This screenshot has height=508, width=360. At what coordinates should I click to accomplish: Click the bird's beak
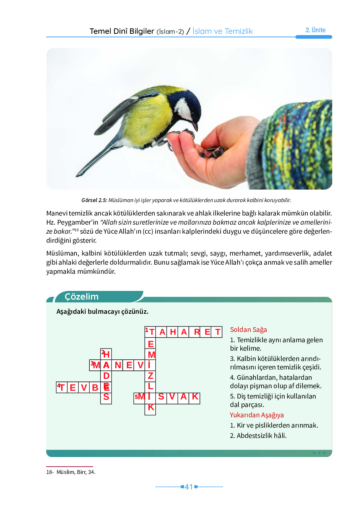click(x=195, y=126)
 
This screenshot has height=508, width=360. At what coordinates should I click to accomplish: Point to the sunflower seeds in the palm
click(x=212, y=152)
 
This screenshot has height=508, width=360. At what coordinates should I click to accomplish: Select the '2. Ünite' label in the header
click(x=315, y=30)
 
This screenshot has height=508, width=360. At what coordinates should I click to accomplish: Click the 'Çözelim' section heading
click(x=82, y=297)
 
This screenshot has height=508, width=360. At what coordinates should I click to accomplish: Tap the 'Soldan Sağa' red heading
click(x=248, y=330)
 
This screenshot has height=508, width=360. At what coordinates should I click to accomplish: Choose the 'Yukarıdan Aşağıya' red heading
click(x=257, y=415)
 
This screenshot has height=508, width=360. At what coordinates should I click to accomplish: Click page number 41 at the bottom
click(x=189, y=487)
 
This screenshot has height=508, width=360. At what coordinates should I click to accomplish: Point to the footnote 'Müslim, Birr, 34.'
click(x=76, y=472)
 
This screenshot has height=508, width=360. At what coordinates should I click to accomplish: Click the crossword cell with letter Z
click(x=150, y=376)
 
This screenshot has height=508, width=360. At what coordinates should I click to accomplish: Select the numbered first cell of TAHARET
click(x=150, y=332)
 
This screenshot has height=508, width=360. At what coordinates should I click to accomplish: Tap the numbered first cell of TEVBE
click(x=62, y=388)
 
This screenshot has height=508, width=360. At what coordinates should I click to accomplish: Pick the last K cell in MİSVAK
click(x=194, y=397)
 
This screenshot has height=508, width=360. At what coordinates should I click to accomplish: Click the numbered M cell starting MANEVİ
click(x=95, y=365)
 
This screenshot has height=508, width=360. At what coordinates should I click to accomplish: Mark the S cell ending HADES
click(x=106, y=398)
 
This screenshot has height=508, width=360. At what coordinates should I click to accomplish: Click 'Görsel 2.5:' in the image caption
click(x=94, y=200)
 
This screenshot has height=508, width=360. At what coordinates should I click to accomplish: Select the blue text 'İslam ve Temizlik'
click(x=222, y=31)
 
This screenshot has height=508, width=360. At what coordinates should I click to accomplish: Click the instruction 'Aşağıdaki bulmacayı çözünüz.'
click(x=102, y=312)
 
